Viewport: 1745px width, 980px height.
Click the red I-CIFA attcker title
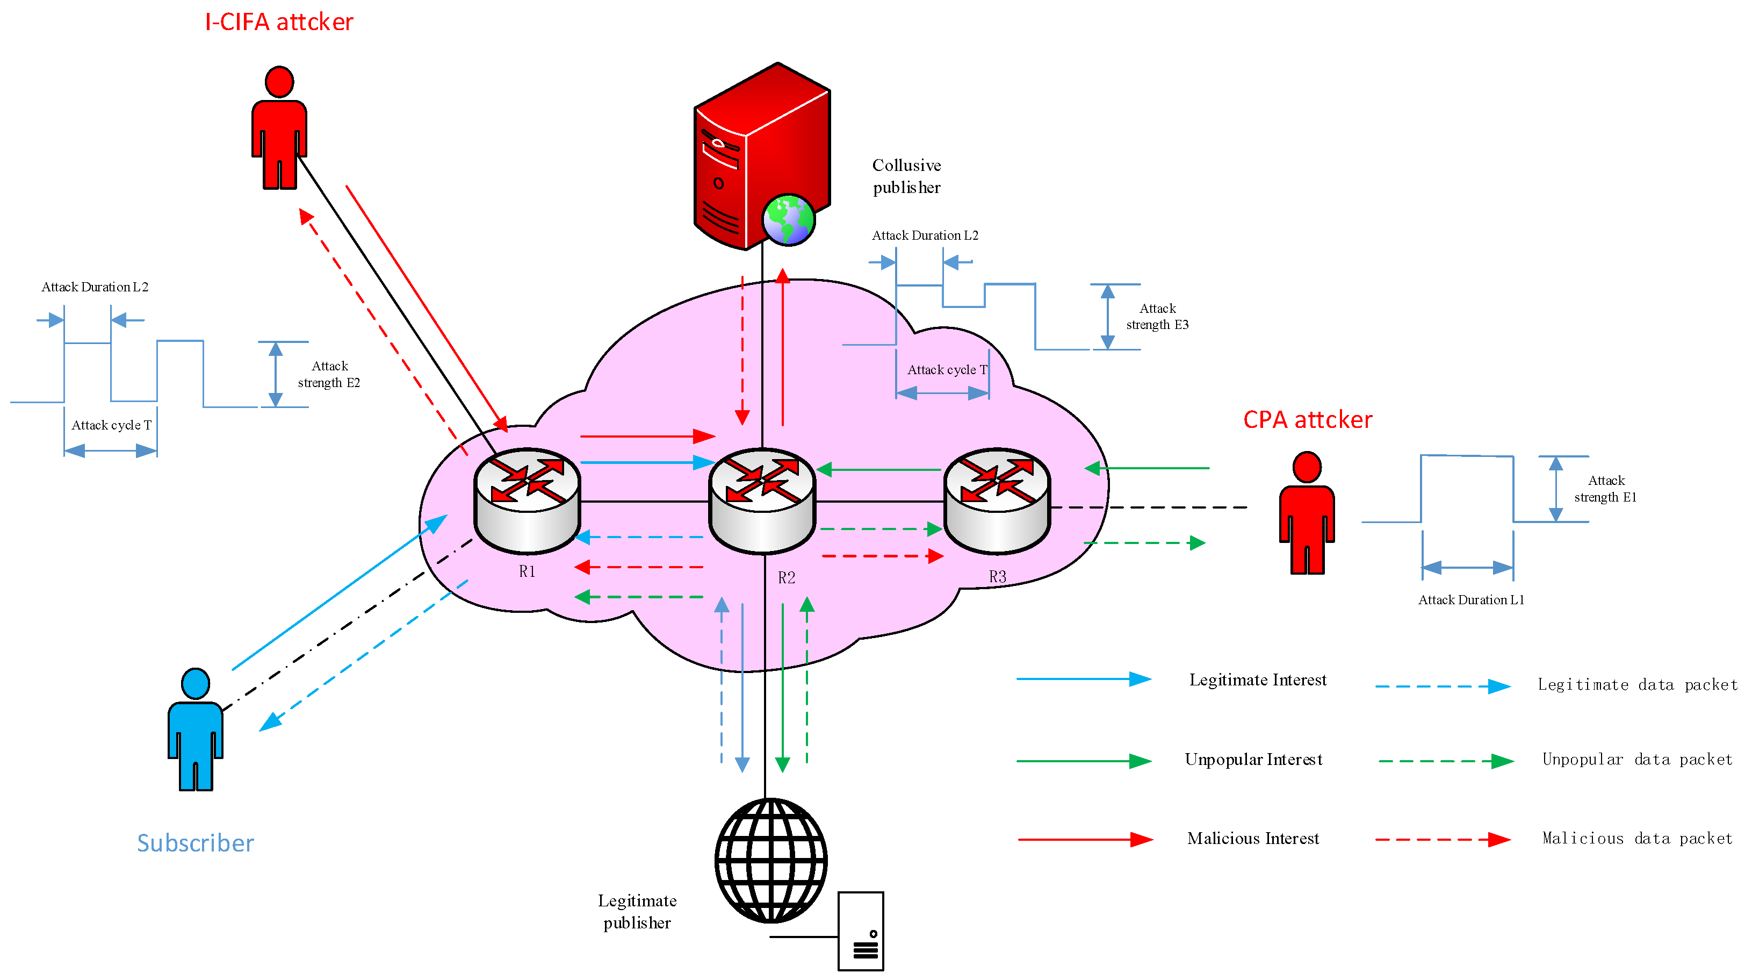(x=278, y=23)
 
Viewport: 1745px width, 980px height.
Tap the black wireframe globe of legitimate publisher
(x=771, y=860)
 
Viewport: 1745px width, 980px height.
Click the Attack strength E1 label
(x=1605, y=489)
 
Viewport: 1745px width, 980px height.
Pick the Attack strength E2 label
(x=329, y=374)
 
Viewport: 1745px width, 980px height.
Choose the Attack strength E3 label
(x=1157, y=317)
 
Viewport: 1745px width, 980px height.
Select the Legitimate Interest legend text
(x=1257, y=680)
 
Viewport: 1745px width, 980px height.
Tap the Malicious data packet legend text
(x=1636, y=839)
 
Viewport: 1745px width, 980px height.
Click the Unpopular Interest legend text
(x=1253, y=760)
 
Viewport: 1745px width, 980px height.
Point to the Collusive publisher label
(x=906, y=176)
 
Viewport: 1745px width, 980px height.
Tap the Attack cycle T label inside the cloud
(x=947, y=369)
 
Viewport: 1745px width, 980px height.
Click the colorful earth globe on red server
(x=787, y=219)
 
